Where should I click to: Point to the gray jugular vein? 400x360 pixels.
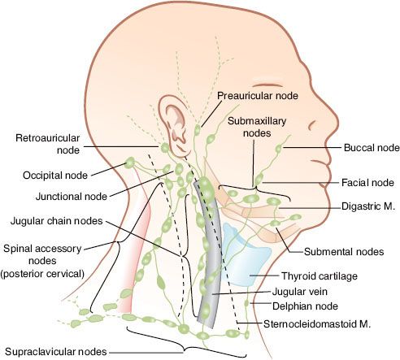[x=207, y=268]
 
